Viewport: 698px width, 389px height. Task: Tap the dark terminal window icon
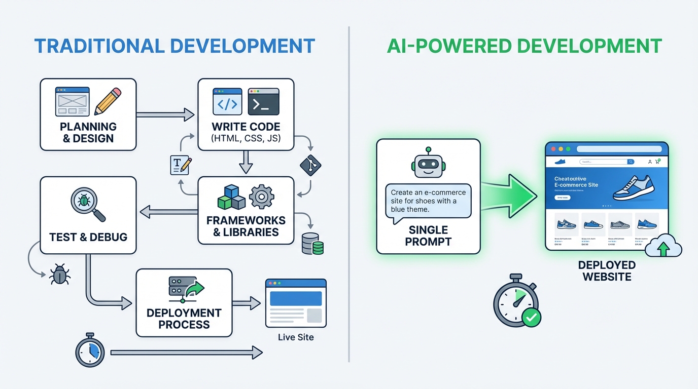pos(264,102)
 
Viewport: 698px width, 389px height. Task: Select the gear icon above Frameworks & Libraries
pos(262,197)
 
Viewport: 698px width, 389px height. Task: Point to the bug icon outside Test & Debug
pos(59,275)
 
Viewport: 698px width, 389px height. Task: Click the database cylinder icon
pos(312,244)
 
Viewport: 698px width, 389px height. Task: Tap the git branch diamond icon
pos(310,166)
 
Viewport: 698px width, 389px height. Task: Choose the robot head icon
pos(428,164)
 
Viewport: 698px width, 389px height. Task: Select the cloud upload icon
pos(663,246)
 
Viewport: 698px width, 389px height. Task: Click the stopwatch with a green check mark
pos(516,303)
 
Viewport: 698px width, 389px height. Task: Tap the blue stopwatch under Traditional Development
pos(90,350)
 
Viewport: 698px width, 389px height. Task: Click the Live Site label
pos(296,337)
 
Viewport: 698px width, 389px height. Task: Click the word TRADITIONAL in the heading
pos(96,46)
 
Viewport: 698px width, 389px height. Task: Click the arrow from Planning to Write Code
pos(165,115)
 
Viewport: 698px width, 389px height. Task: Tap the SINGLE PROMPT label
pos(428,236)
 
